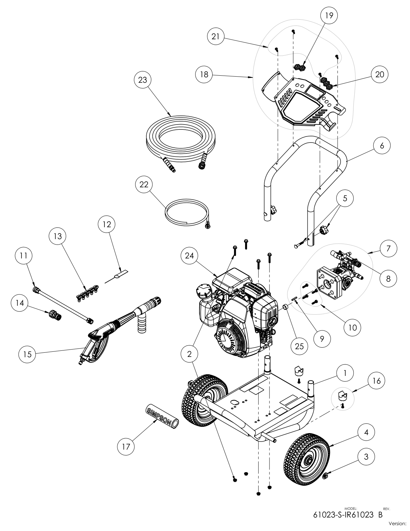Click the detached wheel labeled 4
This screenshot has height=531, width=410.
coord(307,456)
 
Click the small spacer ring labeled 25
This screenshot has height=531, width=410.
coord(285,306)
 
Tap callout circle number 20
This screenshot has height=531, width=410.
coord(379,74)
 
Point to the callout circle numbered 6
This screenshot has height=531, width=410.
coord(382,145)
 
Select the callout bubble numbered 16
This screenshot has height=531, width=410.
coord(377,381)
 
